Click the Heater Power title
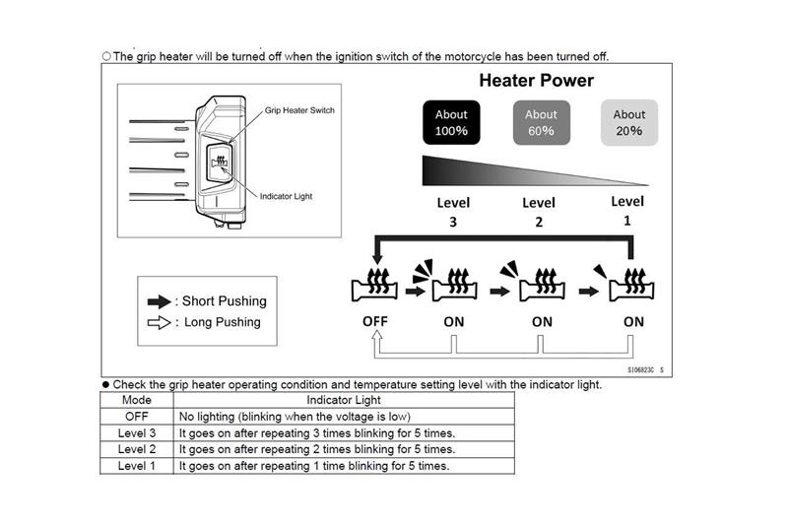(x=536, y=81)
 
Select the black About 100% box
(x=451, y=122)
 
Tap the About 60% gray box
(x=541, y=122)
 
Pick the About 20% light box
(x=628, y=122)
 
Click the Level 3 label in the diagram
(x=452, y=212)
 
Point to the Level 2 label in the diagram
(x=539, y=212)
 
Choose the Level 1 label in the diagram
(x=627, y=211)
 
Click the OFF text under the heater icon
(x=374, y=321)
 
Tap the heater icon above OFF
(x=375, y=286)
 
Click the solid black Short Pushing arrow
(x=159, y=301)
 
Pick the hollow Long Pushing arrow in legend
(x=159, y=322)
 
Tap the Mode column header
(x=136, y=401)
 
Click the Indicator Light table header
(x=343, y=401)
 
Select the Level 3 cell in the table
(x=136, y=432)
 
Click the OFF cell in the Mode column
(x=136, y=417)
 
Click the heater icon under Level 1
(x=631, y=286)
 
